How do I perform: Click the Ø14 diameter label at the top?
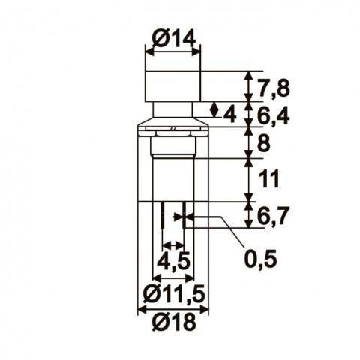tap(172, 38)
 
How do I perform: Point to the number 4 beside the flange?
tap(229, 114)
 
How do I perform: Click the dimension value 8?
tap(263, 142)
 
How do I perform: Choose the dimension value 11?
tap(268, 180)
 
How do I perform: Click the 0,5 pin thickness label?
tap(261, 259)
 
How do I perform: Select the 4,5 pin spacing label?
tap(173, 262)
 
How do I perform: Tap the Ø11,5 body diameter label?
tap(172, 292)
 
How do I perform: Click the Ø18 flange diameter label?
tap(172, 323)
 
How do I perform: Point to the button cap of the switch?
tap(172, 85)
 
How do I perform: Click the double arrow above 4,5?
tap(173, 244)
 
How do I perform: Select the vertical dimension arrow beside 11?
tap(248, 180)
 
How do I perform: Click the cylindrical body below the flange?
tap(172, 180)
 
